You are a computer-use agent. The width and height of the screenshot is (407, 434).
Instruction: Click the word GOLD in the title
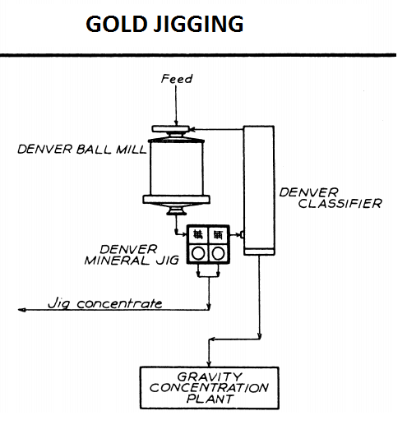(116, 24)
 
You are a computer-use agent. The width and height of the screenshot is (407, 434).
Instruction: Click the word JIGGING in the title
(199, 24)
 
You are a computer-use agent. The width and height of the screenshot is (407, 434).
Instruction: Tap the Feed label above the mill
(177, 79)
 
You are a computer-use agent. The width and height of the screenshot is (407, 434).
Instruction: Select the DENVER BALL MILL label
(82, 150)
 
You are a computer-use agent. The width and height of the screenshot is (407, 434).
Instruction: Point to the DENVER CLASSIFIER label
(331, 198)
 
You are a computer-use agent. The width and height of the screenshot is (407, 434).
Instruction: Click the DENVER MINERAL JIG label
(132, 255)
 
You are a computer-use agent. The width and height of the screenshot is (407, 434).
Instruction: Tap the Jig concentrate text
(105, 303)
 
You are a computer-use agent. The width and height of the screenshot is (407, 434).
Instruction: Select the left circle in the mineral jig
(198, 253)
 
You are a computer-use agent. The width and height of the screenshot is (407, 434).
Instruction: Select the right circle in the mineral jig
(219, 253)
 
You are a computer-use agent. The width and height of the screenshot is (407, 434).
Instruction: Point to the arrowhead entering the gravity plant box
(209, 363)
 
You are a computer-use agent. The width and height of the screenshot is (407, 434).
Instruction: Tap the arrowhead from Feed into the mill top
(176, 122)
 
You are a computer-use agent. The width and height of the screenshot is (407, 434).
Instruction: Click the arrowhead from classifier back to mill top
(192, 129)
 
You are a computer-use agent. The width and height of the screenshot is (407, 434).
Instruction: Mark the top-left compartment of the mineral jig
(197, 235)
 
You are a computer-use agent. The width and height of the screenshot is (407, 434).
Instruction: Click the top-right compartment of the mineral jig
(219, 235)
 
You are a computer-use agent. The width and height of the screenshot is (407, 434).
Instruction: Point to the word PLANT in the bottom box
(210, 399)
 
